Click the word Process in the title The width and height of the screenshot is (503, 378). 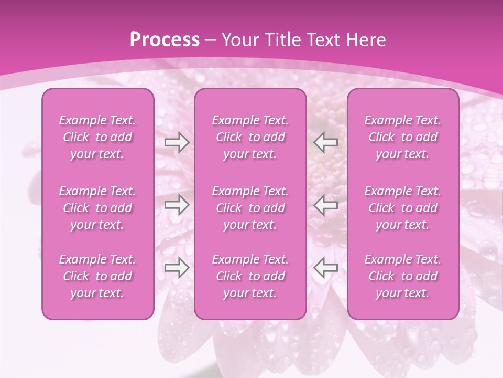click(x=165, y=40)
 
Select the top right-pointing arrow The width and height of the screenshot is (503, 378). click(x=177, y=142)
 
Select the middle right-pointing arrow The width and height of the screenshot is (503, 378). click(x=177, y=205)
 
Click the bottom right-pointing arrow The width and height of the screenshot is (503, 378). click(x=177, y=268)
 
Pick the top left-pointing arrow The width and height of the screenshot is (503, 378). click(x=326, y=142)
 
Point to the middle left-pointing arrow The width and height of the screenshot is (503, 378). click(x=326, y=205)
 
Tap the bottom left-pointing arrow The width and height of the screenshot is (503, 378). click(x=326, y=268)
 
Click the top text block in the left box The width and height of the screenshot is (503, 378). click(x=97, y=137)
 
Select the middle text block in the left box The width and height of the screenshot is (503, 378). click(x=97, y=208)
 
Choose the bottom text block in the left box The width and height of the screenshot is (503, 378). click(x=97, y=276)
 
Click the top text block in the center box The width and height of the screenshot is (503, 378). click(x=250, y=137)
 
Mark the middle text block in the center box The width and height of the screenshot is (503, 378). click(x=250, y=208)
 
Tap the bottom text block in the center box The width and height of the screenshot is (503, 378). click(x=250, y=276)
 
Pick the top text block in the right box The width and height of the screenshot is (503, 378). click(x=403, y=137)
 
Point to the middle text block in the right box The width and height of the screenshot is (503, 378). click(x=403, y=208)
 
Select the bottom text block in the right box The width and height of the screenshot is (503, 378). click(x=403, y=276)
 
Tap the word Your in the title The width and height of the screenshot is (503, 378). click(x=238, y=40)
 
